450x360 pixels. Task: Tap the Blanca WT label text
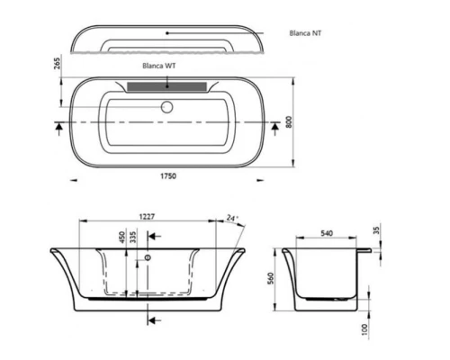[159, 66]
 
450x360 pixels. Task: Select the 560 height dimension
[270, 278]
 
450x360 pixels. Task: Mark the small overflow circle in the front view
[148, 258]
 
